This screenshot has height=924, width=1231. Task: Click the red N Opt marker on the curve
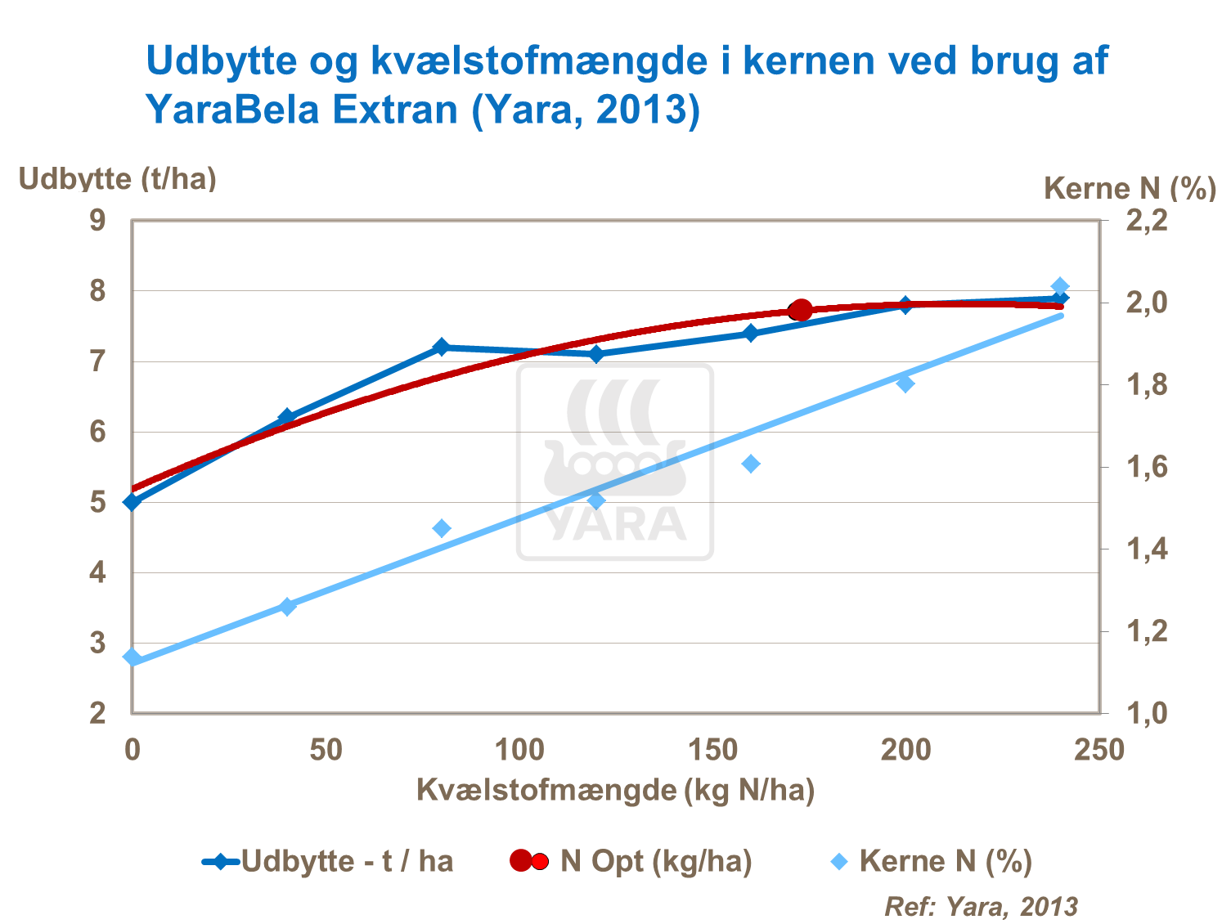coord(800,310)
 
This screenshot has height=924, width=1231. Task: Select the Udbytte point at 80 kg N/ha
coord(442,347)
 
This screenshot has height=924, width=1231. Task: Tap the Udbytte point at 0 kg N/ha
coord(133,501)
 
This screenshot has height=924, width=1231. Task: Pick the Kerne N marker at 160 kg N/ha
coord(751,464)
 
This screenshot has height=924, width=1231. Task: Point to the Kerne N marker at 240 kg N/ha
coord(1060,286)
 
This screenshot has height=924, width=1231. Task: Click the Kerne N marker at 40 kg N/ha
coord(287,606)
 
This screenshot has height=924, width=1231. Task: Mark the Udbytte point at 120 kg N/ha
coord(596,354)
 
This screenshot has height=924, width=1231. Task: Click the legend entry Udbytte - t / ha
coord(327,861)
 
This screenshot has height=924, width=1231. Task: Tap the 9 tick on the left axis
coord(98,221)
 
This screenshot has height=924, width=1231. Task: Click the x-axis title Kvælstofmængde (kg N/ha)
coord(615,790)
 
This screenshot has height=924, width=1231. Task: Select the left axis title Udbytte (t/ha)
coord(118,178)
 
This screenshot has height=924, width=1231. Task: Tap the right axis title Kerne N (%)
coord(1130,189)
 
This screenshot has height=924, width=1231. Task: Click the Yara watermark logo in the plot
coord(615,462)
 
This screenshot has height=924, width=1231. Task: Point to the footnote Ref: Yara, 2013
coord(981,906)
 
